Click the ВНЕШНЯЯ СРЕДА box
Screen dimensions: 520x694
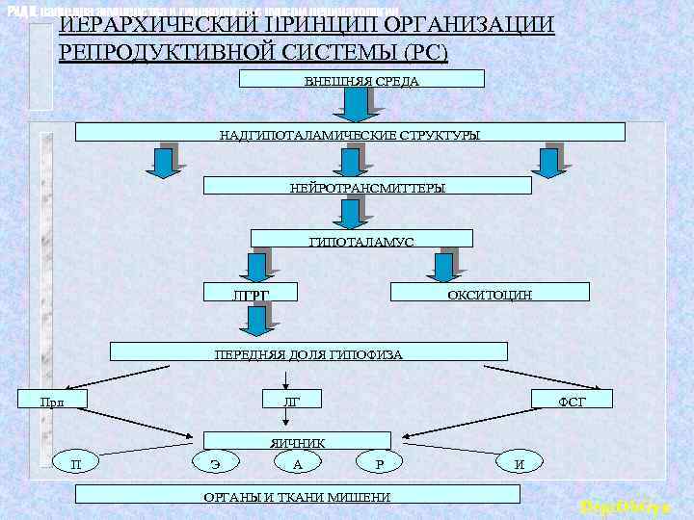[x=360, y=79]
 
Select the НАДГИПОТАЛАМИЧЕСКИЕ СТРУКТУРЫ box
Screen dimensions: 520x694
[x=349, y=133]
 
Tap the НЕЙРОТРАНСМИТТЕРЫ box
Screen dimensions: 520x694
[x=367, y=186]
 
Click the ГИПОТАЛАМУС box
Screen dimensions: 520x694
[x=361, y=239]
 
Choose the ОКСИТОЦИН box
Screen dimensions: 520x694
[x=489, y=292]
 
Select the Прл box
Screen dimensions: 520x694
[x=54, y=399]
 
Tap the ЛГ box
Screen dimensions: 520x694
[x=292, y=399]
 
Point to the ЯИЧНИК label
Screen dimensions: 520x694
[x=297, y=443]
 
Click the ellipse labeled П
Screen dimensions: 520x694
[x=76, y=464]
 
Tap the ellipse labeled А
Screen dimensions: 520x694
[x=298, y=464]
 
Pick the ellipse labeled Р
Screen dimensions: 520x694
[x=380, y=464]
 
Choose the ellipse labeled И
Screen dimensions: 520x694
[x=520, y=464]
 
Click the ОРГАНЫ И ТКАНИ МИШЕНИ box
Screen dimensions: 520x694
[x=297, y=495]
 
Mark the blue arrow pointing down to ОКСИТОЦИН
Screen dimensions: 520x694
[x=446, y=266]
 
